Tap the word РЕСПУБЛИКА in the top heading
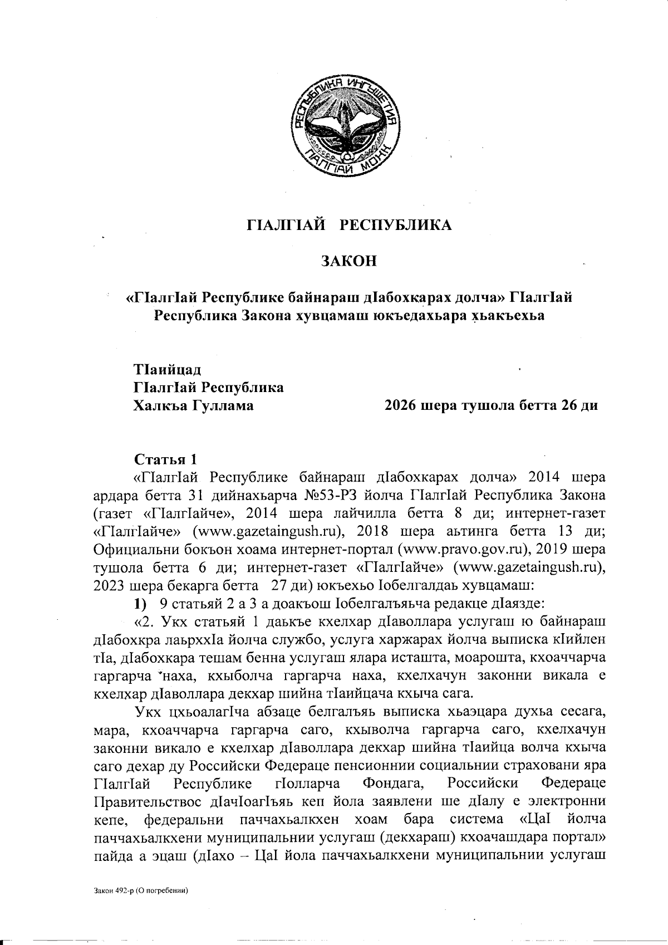396,225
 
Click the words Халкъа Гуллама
193,406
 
